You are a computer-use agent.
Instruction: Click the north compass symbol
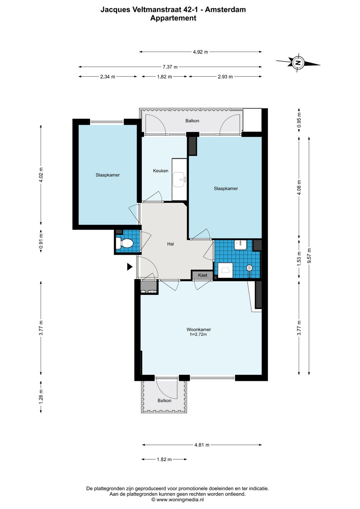(x=298, y=63)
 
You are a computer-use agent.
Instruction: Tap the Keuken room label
(x=161, y=171)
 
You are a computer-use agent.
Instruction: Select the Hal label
(x=170, y=244)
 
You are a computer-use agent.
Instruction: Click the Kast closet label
(x=203, y=275)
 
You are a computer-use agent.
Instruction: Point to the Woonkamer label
(x=199, y=329)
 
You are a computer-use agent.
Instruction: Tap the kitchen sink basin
(x=179, y=179)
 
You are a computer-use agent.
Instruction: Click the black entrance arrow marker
(x=130, y=267)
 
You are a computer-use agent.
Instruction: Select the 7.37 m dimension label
(x=170, y=67)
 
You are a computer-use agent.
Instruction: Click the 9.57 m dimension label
(x=309, y=256)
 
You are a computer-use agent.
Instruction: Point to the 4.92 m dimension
(x=200, y=52)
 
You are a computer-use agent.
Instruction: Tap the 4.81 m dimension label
(x=202, y=445)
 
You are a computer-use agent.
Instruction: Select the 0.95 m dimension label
(x=299, y=120)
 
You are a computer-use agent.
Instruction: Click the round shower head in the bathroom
(x=249, y=268)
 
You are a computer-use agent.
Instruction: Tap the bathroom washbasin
(x=241, y=245)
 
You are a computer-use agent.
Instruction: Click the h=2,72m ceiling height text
(x=199, y=334)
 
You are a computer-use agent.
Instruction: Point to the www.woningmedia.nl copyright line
(x=177, y=499)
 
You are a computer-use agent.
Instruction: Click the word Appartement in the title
(x=173, y=18)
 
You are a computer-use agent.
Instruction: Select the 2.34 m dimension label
(x=108, y=77)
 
